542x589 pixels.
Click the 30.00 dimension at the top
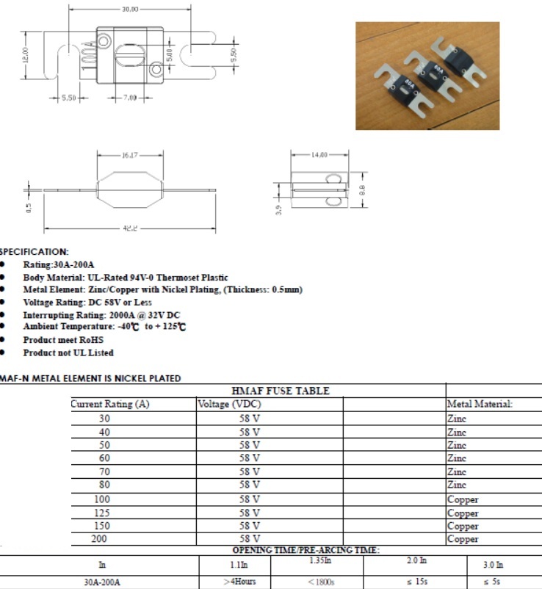coord(130,9)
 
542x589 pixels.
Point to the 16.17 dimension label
coord(129,155)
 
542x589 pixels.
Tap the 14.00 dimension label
coord(319,155)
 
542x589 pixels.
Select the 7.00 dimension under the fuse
coord(130,98)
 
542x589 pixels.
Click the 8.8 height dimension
coord(363,190)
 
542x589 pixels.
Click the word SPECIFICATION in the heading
coord(34,252)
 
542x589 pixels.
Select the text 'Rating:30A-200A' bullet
coord(59,265)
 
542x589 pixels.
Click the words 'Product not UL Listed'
coord(68,353)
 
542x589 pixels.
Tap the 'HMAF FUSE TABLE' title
coord(281,391)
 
